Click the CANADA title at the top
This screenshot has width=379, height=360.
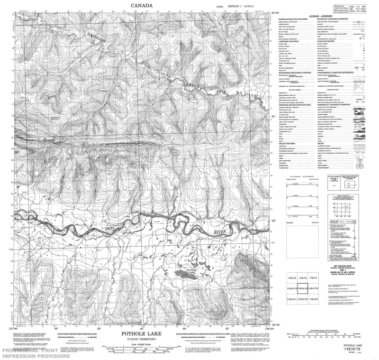pos(143,6)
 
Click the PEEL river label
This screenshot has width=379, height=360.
pos(106,229)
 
